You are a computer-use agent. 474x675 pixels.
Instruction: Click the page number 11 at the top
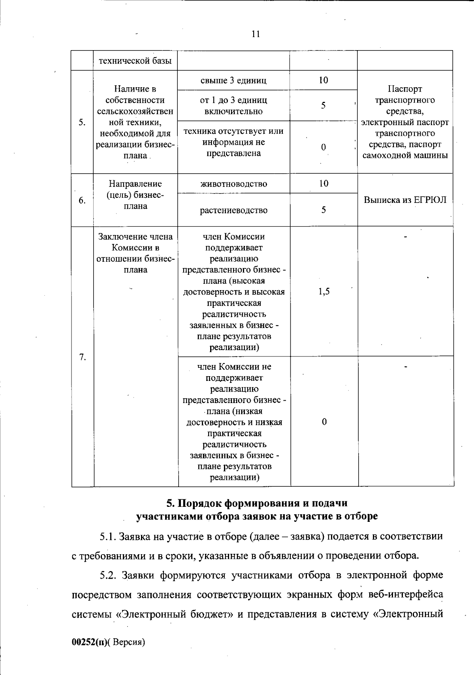256,34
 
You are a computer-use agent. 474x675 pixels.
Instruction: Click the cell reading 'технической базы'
135,61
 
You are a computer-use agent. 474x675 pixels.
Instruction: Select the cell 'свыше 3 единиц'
233,81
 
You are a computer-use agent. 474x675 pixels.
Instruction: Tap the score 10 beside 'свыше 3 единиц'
324,80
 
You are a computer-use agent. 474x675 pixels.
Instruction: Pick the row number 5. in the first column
82,122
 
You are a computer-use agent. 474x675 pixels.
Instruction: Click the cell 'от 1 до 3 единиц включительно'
233,106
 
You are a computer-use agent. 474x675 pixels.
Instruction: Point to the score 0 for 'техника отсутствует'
324,147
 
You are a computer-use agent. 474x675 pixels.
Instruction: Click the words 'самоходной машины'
405,156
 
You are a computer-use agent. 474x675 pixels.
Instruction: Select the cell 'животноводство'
233,184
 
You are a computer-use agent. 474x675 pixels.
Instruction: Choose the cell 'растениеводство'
233,210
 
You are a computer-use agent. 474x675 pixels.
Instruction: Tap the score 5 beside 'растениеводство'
324,210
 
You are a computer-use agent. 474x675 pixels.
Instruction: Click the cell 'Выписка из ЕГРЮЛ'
405,200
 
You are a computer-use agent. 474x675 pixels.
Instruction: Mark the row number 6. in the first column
82,201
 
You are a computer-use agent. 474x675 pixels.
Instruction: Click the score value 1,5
324,292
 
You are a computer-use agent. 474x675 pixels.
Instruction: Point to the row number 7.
82,357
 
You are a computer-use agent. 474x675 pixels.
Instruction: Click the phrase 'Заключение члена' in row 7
135,237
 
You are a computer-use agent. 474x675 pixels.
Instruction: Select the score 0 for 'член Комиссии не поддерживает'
324,422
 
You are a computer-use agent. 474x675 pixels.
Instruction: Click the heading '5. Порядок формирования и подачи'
257,503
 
